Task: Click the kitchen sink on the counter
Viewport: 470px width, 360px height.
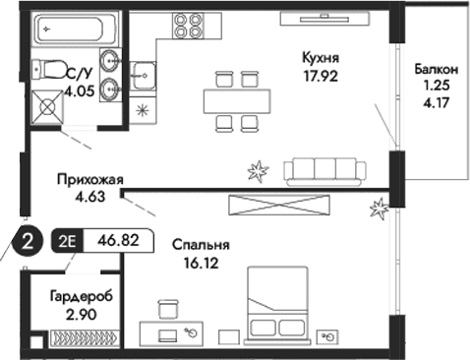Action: [144, 73]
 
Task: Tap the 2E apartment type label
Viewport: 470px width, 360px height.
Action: [69, 238]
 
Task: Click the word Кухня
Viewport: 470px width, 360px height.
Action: [321, 57]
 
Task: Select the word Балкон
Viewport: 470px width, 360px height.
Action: [434, 70]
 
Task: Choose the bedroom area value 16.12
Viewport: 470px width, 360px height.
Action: [200, 263]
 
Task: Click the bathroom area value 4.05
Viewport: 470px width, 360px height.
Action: [81, 90]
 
